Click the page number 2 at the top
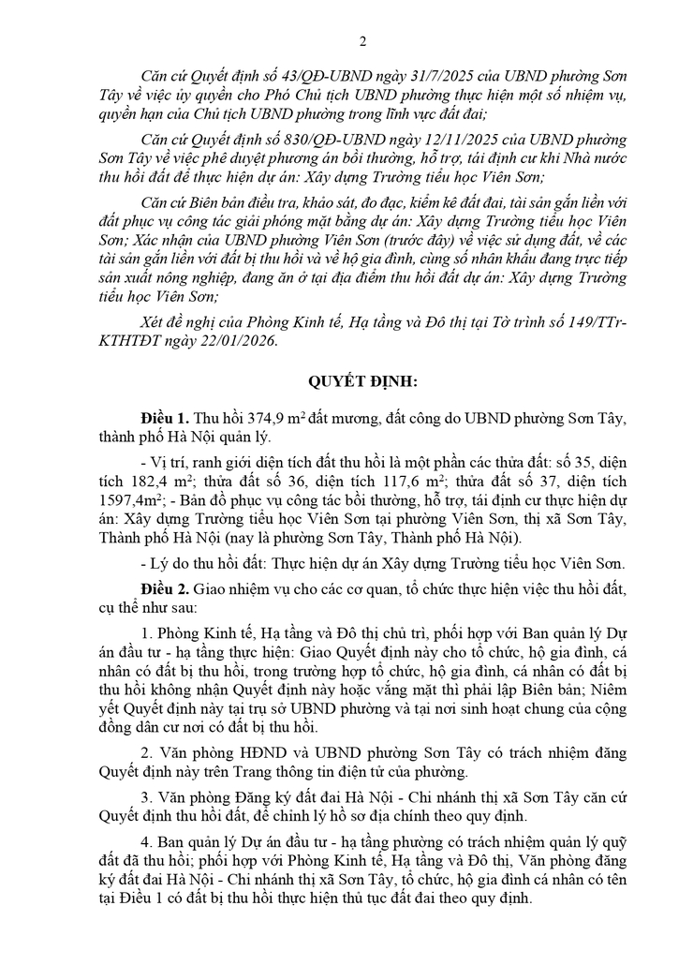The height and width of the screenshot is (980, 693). (x=363, y=41)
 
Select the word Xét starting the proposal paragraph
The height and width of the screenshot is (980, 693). (x=154, y=323)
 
